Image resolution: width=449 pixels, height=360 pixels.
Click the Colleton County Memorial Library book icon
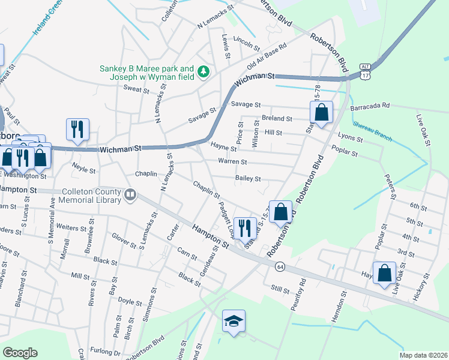[130, 194]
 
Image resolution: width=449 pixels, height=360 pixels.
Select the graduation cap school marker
[234, 320]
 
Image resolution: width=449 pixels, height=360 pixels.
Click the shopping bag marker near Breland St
[322, 112]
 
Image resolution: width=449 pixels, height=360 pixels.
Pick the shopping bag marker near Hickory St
[384, 273]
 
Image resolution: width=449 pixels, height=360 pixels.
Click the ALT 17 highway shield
[366, 71]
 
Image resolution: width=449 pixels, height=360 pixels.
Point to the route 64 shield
[280, 266]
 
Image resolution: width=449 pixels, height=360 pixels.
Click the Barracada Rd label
[370, 106]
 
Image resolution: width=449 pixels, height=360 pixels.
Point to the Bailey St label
[248, 178]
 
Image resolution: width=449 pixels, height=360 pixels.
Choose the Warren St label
[232, 162]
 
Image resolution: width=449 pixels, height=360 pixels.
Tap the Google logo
[20, 353]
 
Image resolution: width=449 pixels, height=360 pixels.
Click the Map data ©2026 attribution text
[423, 355]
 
